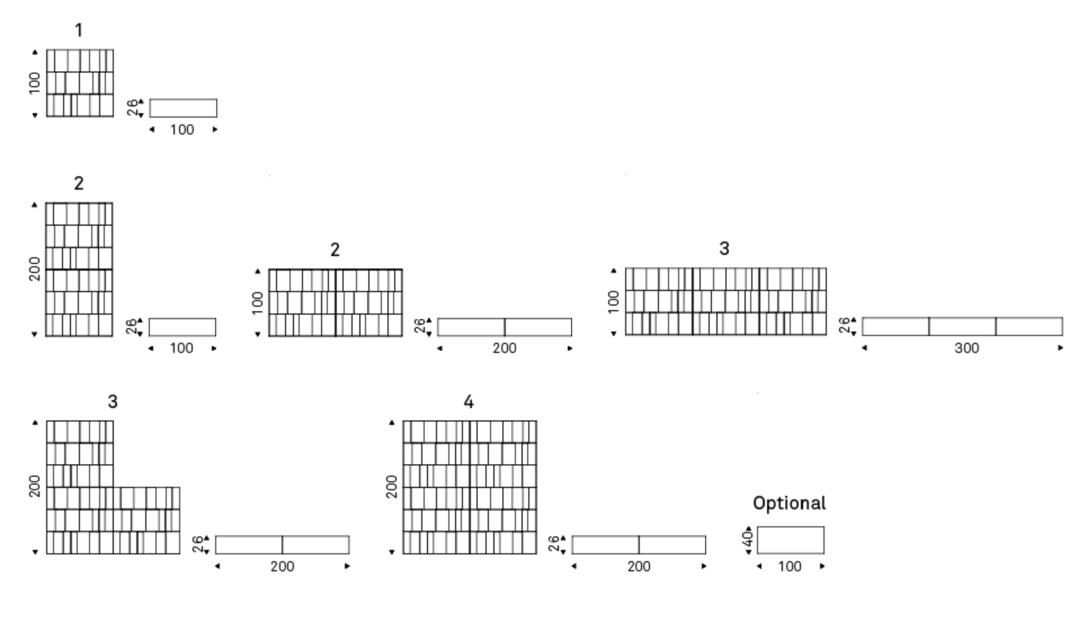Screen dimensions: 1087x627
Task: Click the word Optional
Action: (789, 503)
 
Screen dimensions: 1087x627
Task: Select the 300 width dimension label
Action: (966, 348)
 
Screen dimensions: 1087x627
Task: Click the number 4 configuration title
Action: (469, 402)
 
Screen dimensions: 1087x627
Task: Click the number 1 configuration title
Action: (79, 30)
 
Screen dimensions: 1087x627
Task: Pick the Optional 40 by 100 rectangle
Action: (791, 540)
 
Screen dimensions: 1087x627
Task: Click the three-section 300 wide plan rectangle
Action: (962, 326)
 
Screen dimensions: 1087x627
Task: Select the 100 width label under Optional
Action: (790, 566)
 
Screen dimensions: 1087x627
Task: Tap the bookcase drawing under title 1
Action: (80, 83)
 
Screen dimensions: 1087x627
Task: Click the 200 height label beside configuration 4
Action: (392, 486)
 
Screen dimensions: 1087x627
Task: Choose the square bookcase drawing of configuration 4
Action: (470, 487)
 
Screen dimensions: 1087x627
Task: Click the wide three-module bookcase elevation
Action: (725, 302)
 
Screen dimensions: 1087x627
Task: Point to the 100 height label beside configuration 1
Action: (35, 83)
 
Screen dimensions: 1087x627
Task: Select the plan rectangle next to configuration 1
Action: (183, 108)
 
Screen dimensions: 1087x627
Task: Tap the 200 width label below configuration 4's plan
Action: (639, 566)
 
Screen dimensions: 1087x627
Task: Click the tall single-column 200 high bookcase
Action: (79, 270)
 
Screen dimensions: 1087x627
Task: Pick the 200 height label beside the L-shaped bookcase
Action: (35, 486)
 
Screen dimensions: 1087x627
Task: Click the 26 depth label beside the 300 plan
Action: (844, 326)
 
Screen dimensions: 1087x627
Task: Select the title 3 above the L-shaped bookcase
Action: (113, 402)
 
